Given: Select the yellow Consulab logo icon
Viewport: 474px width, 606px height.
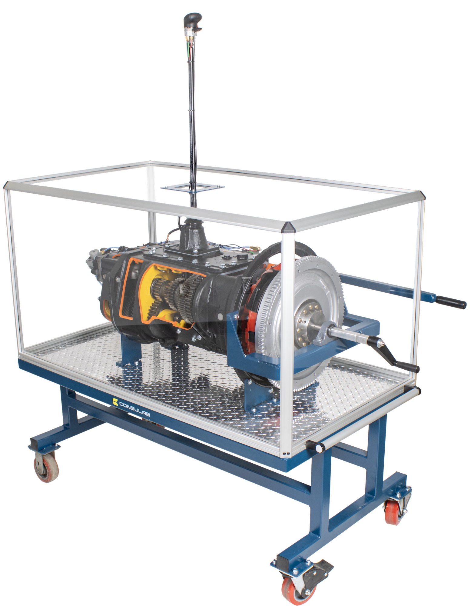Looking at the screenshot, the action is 115,401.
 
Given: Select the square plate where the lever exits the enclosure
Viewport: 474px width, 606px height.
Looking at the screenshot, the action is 193,188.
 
